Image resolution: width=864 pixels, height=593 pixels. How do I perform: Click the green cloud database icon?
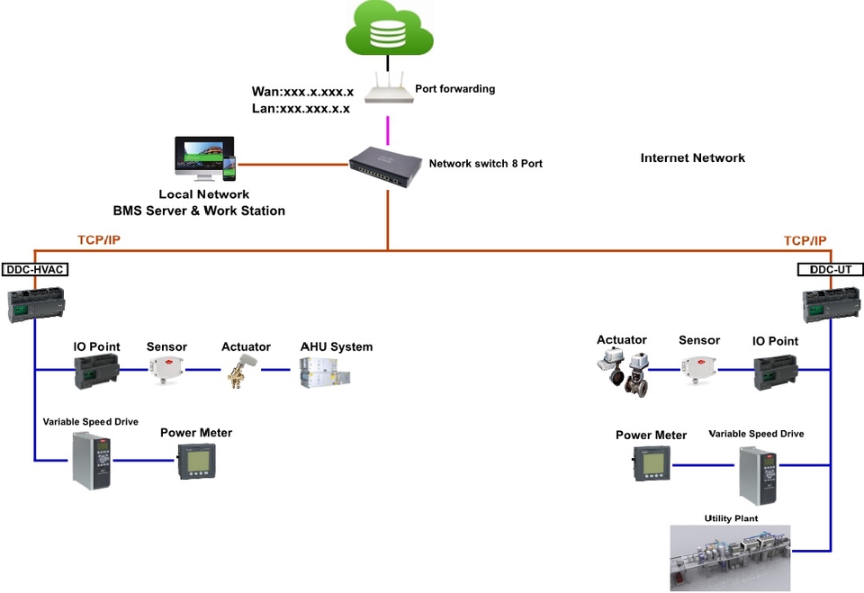click(x=389, y=28)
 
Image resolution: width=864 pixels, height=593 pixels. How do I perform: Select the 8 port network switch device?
click(x=387, y=166)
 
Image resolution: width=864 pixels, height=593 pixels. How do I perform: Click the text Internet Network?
click(x=692, y=158)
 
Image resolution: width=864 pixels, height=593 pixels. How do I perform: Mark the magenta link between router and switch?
click(x=387, y=129)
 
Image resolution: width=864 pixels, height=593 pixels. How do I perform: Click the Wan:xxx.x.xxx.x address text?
click(x=302, y=92)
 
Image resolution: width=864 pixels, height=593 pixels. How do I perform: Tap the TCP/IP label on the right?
click(x=805, y=241)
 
